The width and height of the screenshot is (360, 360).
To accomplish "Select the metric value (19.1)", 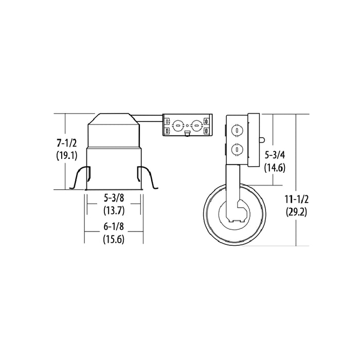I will pyautogui.click(x=66, y=156).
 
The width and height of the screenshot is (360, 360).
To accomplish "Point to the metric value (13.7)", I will pyautogui.click(x=114, y=210).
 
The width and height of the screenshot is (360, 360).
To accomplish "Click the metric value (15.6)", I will pyautogui.click(x=114, y=239).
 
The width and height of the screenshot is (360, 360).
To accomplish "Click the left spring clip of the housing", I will pyautogui.click(x=79, y=178).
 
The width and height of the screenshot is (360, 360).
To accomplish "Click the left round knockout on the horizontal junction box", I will pyautogui.click(x=178, y=124).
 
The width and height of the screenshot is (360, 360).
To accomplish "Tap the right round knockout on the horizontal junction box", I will pyautogui.click(x=196, y=124).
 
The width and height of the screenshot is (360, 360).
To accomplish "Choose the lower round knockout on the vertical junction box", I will pyautogui.click(x=237, y=150).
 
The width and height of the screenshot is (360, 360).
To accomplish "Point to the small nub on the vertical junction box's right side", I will pyautogui.click(x=262, y=139).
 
